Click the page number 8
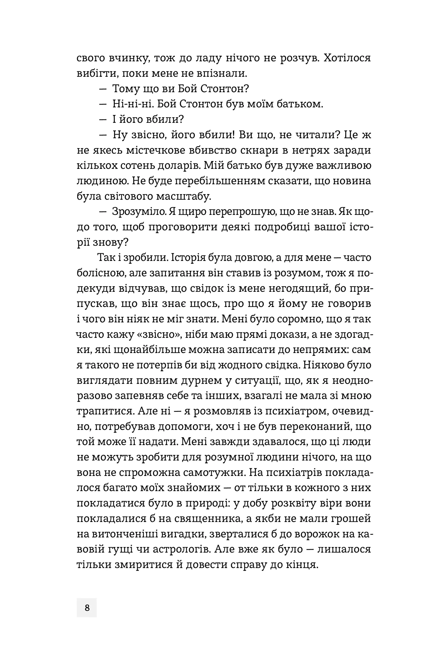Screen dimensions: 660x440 pyautogui.click(x=87, y=608)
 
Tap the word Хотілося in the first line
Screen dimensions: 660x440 pyautogui.click(x=347, y=58)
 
